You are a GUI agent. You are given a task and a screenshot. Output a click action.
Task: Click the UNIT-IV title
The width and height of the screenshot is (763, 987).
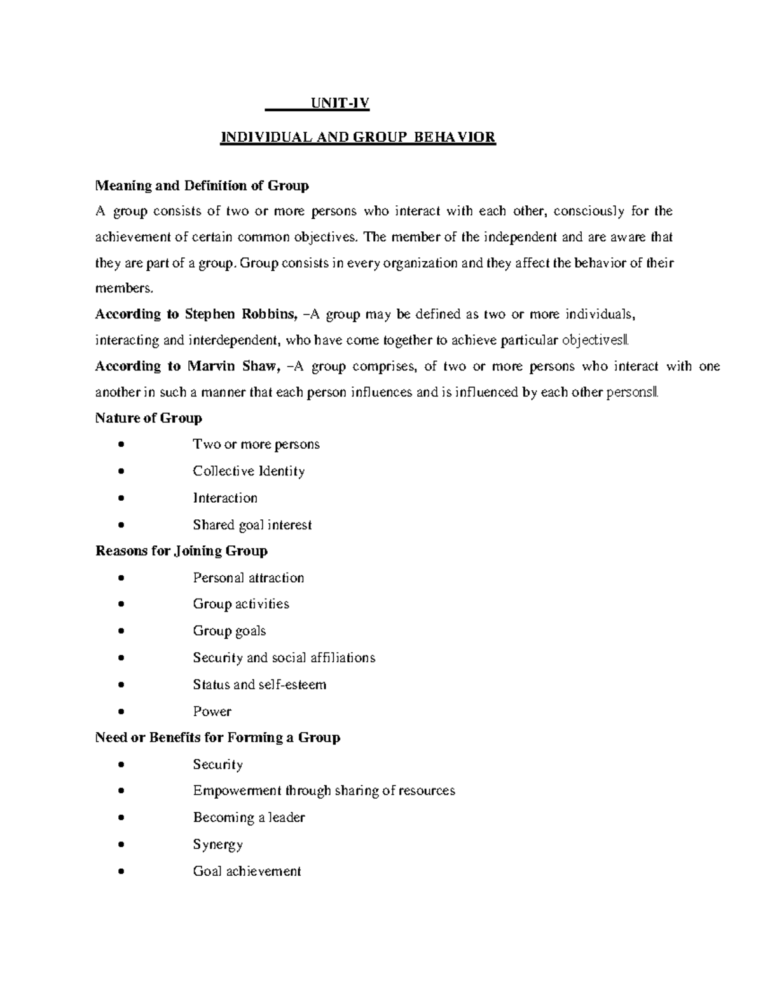click(339, 104)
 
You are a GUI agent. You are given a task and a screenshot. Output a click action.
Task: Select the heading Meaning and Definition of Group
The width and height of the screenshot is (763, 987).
click(202, 186)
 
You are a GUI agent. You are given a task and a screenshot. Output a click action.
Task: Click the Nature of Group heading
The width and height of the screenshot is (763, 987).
click(148, 418)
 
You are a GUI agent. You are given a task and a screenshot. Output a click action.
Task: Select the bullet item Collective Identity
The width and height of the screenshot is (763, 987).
click(249, 471)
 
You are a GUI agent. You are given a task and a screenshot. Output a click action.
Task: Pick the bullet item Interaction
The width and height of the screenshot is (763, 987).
click(225, 498)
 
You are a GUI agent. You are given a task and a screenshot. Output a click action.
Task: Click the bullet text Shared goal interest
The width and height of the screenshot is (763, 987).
click(252, 525)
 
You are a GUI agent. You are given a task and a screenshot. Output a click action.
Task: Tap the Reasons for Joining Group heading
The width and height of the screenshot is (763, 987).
click(181, 551)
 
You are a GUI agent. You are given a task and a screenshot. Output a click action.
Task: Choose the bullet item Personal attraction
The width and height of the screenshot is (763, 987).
click(248, 578)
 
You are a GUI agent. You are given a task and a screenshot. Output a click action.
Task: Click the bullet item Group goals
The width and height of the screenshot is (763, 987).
click(229, 631)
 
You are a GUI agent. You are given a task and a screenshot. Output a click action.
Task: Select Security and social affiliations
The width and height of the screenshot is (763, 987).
click(284, 658)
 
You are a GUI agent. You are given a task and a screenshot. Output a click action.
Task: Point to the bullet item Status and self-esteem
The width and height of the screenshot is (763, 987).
click(259, 684)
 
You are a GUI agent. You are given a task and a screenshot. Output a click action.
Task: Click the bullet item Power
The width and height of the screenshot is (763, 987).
click(212, 712)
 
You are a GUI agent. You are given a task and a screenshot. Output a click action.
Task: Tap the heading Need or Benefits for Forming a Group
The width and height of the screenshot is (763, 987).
click(217, 738)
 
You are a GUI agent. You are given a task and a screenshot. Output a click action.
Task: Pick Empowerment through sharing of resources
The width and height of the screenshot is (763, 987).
click(324, 791)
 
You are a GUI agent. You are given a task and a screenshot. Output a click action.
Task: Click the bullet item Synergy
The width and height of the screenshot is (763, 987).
click(217, 845)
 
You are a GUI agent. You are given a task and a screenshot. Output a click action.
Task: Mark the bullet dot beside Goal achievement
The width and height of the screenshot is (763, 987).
click(121, 872)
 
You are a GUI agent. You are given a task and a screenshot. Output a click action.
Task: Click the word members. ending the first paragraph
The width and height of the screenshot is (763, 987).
click(124, 289)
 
